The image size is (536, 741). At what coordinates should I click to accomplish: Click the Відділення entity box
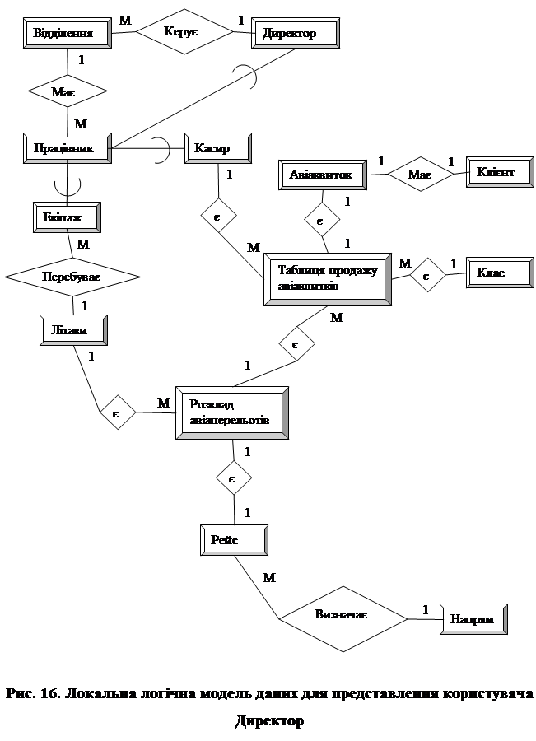pos(68,34)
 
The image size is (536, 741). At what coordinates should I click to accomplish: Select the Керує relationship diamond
pos(184,31)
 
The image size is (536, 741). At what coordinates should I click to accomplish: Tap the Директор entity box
pos(296,34)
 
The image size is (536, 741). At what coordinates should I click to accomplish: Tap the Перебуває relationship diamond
pos(72,278)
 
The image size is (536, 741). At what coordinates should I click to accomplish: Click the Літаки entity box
pos(74,330)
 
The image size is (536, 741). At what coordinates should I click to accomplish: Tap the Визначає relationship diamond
pos(340,616)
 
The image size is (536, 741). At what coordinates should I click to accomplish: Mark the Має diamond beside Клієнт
pos(421,174)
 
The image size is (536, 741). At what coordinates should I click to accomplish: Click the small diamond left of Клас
pos(426,275)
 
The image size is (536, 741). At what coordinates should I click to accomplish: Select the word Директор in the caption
pos(268,721)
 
